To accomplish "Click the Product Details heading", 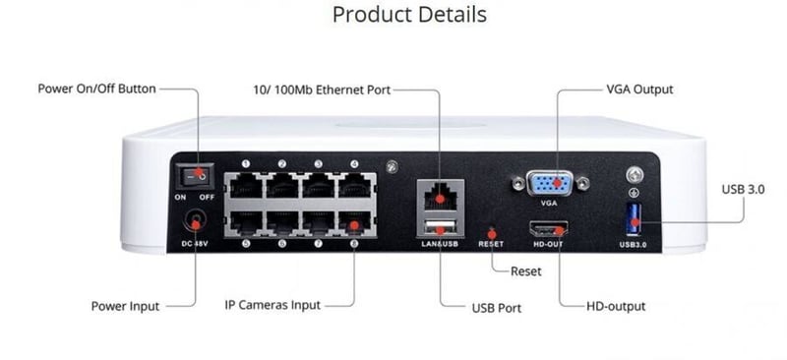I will (409, 15).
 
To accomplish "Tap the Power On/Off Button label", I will (96, 89).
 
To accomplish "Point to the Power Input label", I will (125, 305).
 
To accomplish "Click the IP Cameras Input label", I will (272, 305).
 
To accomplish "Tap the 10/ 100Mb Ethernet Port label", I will (322, 90).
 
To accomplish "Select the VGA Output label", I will (639, 90).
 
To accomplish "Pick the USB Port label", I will (496, 308).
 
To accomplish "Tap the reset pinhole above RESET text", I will (490, 229).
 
